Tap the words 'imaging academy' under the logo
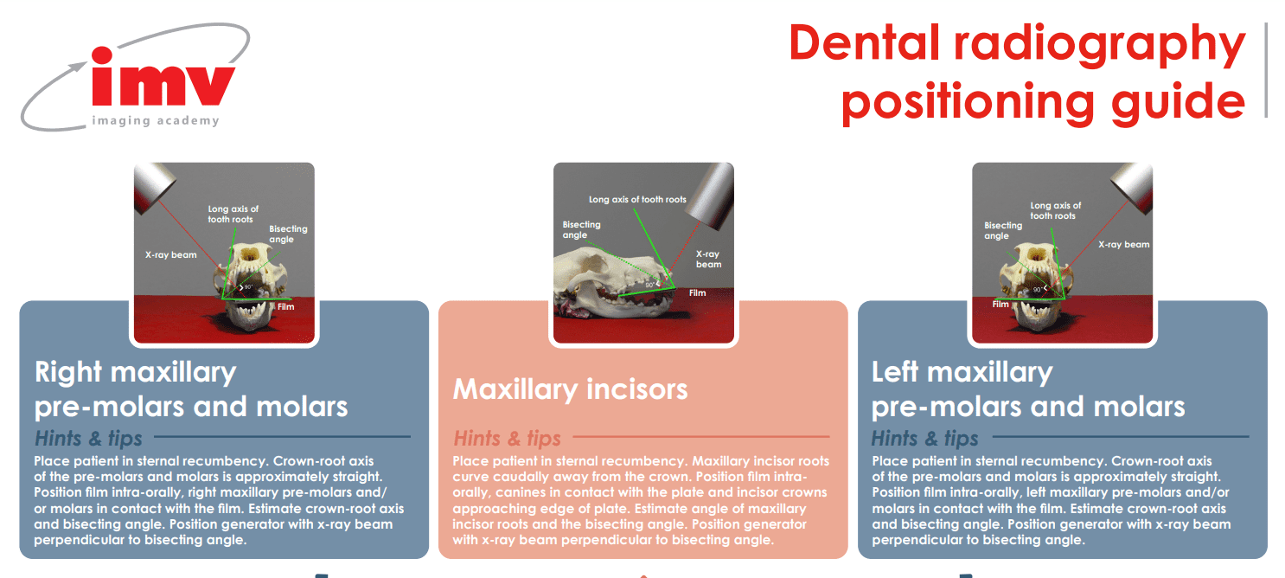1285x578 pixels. point(156,121)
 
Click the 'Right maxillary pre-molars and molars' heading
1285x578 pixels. point(191,389)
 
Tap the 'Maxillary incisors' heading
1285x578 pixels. point(570,389)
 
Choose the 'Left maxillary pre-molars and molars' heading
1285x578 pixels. point(1028,389)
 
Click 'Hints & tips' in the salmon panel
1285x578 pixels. point(508,438)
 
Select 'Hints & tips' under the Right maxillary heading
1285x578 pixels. point(88,438)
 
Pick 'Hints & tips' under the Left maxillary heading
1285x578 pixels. point(925,438)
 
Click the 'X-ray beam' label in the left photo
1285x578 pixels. point(170,255)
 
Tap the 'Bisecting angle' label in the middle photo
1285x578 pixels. point(581,229)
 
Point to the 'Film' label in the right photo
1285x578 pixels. point(1001,305)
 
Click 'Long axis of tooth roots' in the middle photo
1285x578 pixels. point(637,200)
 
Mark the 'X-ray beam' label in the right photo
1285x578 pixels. point(1124,245)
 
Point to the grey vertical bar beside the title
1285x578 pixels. point(1267,69)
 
